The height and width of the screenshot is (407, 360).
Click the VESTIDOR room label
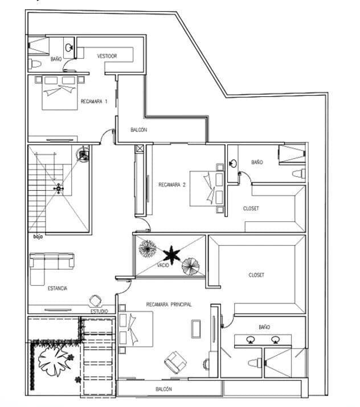pyautogui.click(x=107, y=56)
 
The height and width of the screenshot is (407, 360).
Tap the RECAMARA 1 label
pyautogui.click(x=94, y=101)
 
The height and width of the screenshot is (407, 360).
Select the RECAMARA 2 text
pyautogui.click(x=172, y=184)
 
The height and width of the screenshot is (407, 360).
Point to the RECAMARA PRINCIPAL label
pyautogui.click(x=169, y=305)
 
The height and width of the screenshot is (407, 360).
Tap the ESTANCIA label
pyautogui.click(x=57, y=289)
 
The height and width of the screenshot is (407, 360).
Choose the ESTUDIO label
pyautogui.click(x=99, y=311)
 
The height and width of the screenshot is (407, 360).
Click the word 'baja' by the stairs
pyautogui.click(x=38, y=236)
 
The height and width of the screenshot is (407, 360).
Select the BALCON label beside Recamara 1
pyautogui.click(x=138, y=130)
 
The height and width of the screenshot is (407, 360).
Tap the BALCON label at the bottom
pyautogui.click(x=164, y=389)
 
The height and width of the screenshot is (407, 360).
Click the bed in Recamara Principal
pyautogui.click(x=137, y=328)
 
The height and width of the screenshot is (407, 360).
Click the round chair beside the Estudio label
pyautogui.click(x=95, y=301)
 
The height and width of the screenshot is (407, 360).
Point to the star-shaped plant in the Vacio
pyautogui.click(x=171, y=253)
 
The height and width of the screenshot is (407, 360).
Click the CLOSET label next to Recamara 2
pyautogui.click(x=251, y=209)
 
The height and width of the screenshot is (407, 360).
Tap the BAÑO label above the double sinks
pyautogui.click(x=264, y=327)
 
